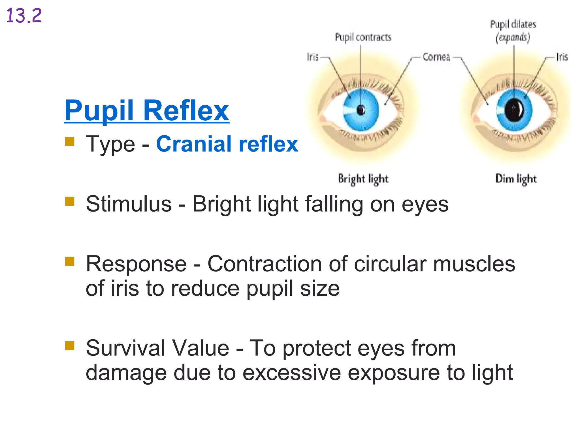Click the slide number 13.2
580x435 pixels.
pyautogui.click(x=24, y=16)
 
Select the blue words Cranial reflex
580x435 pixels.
pyautogui.click(x=227, y=144)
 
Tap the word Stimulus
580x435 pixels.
pyautogui.click(x=129, y=204)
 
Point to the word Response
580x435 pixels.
pyautogui.click(x=136, y=264)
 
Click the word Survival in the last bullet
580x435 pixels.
pyautogui.click(x=125, y=348)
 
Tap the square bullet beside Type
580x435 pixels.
pyautogui.click(x=70, y=142)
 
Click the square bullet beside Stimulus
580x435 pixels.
pyautogui.click(x=70, y=201)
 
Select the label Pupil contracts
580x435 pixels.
pyautogui.click(x=363, y=37)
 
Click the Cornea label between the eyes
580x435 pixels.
pyautogui.click(x=436, y=57)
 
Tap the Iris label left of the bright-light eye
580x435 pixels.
pyautogui.click(x=313, y=57)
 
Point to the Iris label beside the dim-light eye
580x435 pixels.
pyautogui.click(x=562, y=57)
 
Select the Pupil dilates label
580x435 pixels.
pyautogui.click(x=513, y=24)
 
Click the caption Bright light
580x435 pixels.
pyautogui.click(x=363, y=179)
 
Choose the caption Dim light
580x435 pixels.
pyautogui.click(x=516, y=179)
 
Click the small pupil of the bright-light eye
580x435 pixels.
pyautogui.click(x=361, y=110)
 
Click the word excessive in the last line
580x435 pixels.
pyautogui.click(x=292, y=373)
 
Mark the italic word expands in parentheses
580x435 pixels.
pyautogui.click(x=513, y=37)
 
